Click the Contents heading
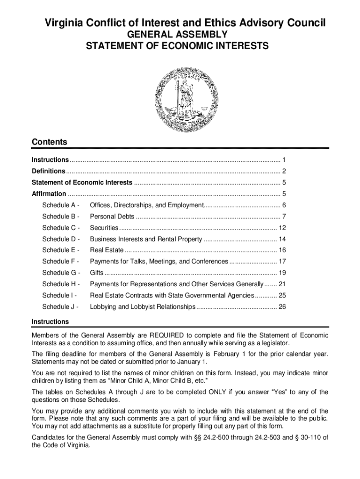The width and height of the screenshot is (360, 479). click(49, 142)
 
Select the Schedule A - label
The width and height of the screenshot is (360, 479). click(61, 205)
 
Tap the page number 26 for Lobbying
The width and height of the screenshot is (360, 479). click(282, 307)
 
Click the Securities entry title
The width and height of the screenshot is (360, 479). click(104, 228)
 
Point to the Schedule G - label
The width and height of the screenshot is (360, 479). click(61, 273)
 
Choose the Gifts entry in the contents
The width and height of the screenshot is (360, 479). click(96, 273)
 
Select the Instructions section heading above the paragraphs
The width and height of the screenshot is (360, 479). click(50, 322)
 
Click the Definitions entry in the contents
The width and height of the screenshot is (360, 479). click(48, 171)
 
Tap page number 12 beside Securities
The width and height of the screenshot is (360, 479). click(282, 228)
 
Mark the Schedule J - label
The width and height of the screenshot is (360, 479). click(60, 307)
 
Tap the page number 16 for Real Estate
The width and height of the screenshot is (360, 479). click(282, 250)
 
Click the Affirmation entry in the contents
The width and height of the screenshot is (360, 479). click(49, 194)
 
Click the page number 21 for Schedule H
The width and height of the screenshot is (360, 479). click(282, 284)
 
